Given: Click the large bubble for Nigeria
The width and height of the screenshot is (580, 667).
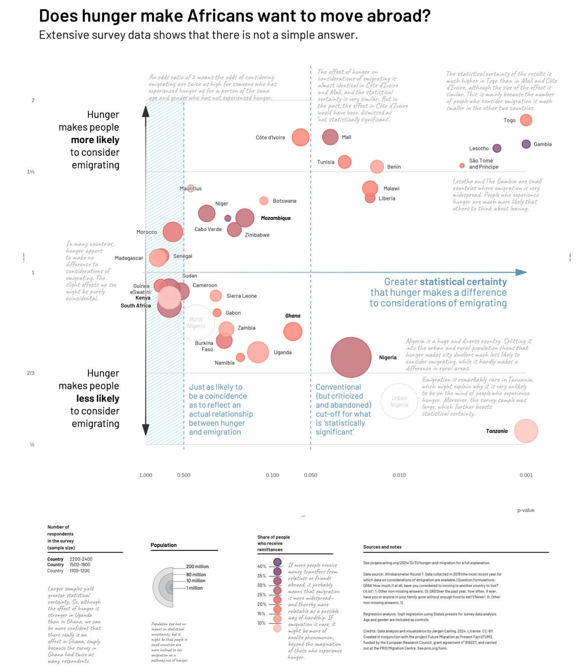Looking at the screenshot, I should coord(351,358).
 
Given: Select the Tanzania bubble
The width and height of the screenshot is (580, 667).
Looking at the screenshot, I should coord(526,431).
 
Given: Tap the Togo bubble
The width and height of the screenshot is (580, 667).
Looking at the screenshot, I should coord(526,120).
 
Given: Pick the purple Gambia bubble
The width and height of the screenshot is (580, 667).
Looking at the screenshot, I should coord(526,144).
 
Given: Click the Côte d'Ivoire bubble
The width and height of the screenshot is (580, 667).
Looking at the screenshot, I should coord(300,137).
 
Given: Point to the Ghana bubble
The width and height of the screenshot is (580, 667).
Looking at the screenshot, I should coord(292,331).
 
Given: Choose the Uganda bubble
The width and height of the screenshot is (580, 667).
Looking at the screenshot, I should coord(258,352).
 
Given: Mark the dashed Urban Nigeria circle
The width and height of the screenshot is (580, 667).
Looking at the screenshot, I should coord(399,402).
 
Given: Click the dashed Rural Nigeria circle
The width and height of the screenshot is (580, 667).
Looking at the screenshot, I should coord(196,323).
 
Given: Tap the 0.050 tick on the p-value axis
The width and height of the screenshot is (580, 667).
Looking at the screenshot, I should coord(311,475).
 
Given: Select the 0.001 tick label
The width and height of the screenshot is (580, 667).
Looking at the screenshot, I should coord(526,475).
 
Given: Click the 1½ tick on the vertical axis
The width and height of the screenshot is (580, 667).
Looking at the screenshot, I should coord(31,172).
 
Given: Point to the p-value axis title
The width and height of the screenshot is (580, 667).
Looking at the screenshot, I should coord(526,510).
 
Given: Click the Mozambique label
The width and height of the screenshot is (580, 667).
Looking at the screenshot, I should coord(276,218).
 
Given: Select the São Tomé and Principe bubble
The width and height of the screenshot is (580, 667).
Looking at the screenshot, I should coord(462,166).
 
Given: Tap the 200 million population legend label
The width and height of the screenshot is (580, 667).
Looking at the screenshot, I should coord(197,567).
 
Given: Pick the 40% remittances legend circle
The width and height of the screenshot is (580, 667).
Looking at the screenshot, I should coord(277,563).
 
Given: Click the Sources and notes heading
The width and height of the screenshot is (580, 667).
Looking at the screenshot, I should coord(382,547).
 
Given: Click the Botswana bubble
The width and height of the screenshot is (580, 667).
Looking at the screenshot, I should coord(264,201).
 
